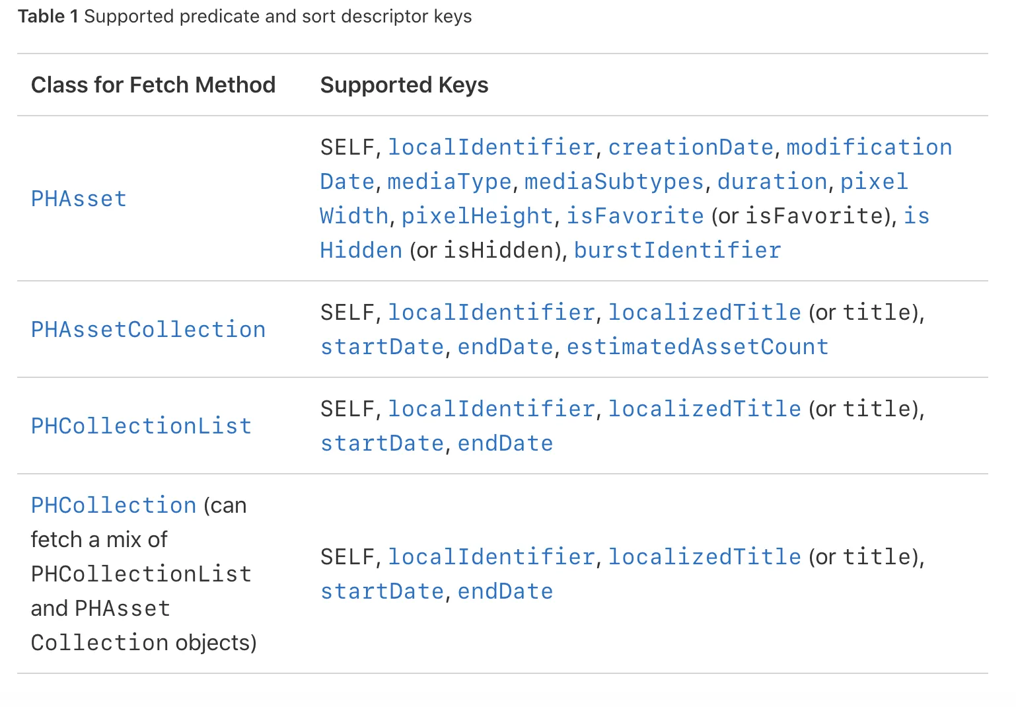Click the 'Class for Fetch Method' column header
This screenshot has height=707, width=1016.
coord(153,85)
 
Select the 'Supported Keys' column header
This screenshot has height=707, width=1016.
coord(404,85)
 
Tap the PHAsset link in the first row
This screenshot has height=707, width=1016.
coord(79,199)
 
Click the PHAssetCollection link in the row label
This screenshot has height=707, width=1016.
coord(148,330)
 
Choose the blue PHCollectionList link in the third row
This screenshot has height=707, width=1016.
coord(141,426)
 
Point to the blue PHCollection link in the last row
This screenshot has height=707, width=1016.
coord(114,505)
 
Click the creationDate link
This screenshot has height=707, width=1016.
coord(690,147)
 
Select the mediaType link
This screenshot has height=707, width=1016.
coord(449,182)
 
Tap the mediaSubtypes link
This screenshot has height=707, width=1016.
coord(614,182)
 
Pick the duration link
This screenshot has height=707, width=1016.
coord(772,182)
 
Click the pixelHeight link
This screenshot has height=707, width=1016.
coord(477,216)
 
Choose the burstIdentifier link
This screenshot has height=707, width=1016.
coord(677,250)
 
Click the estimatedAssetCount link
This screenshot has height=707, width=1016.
coord(697,347)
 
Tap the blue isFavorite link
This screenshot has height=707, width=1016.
coord(635,216)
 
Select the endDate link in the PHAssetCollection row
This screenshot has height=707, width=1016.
coord(505,347)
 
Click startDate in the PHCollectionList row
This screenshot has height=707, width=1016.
coord(382,443)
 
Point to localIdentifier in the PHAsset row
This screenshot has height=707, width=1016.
coord(491,147)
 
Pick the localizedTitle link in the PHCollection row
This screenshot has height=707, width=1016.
coord(704,557)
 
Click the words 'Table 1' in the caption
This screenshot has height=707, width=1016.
coord(48,17)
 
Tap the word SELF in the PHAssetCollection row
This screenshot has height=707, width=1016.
coord(347,313)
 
